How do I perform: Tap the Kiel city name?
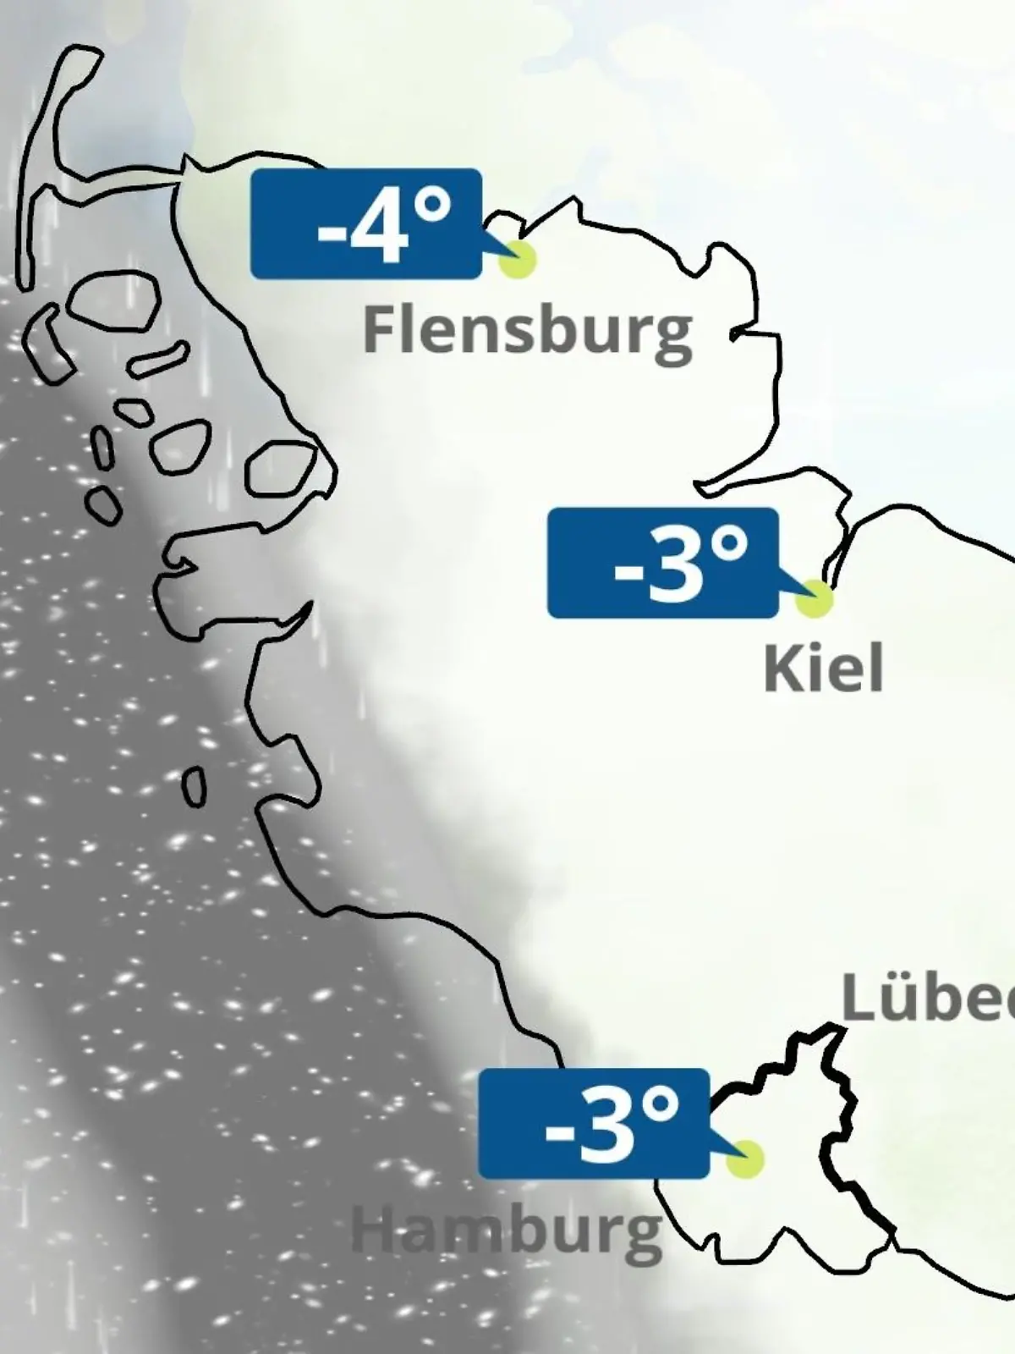(823, 669)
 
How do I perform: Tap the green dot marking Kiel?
(815, 598)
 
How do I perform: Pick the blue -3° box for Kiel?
(662, 563)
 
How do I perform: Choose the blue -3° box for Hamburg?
(593, 1124)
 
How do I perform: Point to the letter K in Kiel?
(780, 669)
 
